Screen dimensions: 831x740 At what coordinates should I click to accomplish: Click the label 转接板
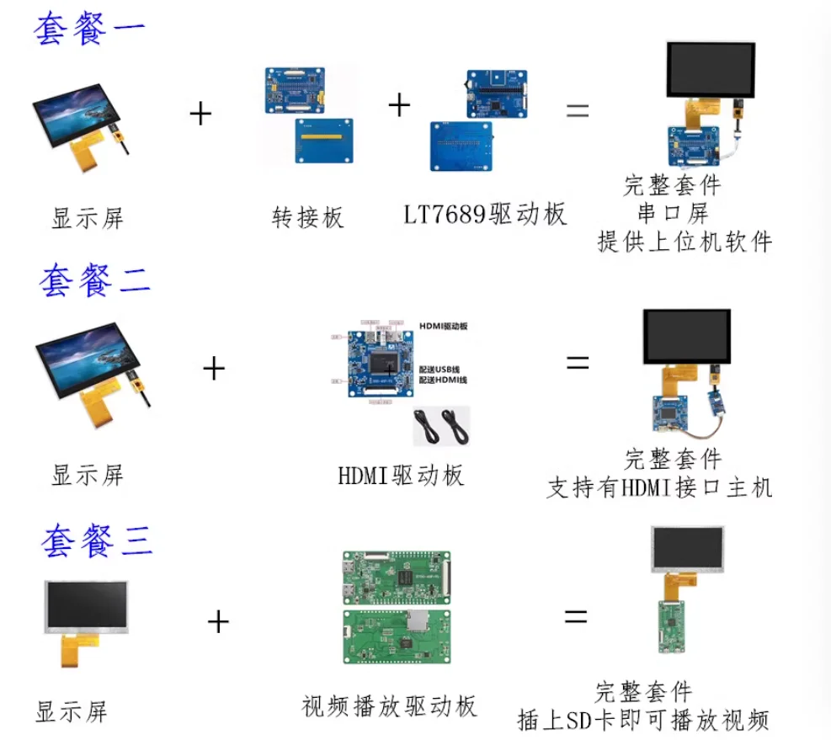(308, 218)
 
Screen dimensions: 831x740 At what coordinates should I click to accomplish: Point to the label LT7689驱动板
(485, 215)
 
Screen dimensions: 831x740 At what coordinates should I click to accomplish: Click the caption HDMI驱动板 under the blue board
(401, 475)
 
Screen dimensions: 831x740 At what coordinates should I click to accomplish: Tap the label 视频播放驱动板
(389, 705)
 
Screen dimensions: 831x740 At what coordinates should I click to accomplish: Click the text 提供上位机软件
(684, 242)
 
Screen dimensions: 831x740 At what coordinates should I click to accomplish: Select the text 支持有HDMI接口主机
(659, 487)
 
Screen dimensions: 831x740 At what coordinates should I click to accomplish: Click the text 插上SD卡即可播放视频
(643, 721)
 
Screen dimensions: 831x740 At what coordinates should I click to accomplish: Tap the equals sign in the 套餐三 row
(575, 617)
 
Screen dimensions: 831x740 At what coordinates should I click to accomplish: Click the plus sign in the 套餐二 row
(215, 368)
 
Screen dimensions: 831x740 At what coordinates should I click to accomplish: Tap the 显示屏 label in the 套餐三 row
(72, 711)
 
